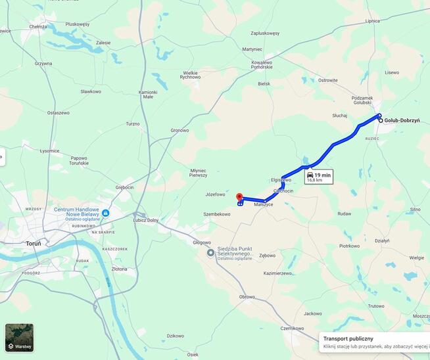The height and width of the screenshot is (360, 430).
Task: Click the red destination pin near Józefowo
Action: (x=239, y=197)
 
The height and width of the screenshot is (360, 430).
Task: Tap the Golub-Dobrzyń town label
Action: (x=406, y=121)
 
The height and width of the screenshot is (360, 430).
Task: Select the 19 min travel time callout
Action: (x=318, y=176)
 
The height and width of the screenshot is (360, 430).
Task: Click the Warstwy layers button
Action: (x=19, y=337)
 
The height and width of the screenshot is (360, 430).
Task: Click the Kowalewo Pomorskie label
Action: (x=262, y=64)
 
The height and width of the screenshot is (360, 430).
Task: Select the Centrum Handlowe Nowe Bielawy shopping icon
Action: (x=105, y=213)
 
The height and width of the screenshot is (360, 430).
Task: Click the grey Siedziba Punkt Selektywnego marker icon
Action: (x=210, y=252)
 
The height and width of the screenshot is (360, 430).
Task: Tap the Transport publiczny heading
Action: (x=348, y=338)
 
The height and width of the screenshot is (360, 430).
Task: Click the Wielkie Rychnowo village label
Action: (x=191, y=75)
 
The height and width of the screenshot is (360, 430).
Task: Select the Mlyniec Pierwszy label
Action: (x=198, y=173)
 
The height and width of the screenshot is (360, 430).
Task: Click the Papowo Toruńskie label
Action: (x=79, y=160)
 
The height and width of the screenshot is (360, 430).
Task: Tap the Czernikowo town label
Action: (x=291, y=328)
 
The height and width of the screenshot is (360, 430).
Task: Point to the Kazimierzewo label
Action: (x=277, y=273)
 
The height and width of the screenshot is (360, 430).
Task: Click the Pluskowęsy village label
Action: (x=78, y=24)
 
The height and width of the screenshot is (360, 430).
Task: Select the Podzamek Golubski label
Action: (x=362, y=99)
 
